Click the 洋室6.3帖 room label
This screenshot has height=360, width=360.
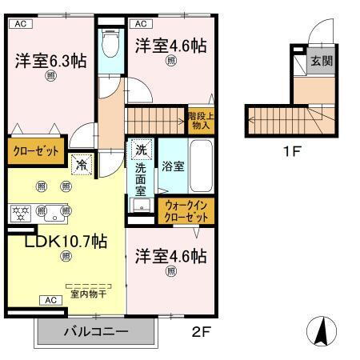tap(50, 60)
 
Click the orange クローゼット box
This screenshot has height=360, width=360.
tap(35, 151)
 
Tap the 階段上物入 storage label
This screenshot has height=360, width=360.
tap(200, 119)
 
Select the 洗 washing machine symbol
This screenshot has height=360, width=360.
tap(142, 150)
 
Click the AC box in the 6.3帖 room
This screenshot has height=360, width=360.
tap(21, 24)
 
